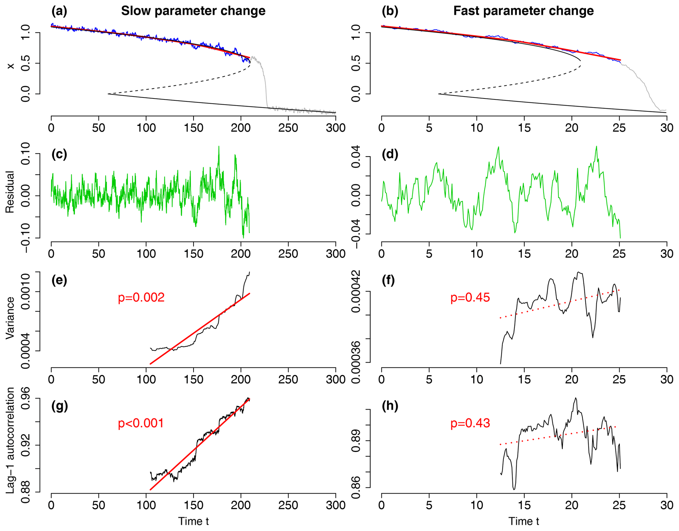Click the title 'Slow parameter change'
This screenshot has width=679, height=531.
click(193, 11)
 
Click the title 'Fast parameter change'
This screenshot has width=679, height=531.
click(523, 11)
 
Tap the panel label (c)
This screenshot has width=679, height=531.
click(59, 154)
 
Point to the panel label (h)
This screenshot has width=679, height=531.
click(390, 406)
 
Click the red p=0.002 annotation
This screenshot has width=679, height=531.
click(141, 297)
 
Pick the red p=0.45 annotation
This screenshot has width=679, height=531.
click(470, 297)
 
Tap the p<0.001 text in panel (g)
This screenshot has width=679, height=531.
click(141, 423)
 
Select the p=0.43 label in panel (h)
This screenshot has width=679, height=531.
click(470, 423)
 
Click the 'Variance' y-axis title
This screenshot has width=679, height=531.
click(11, 318)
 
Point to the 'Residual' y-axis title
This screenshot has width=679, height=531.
click(11, 192)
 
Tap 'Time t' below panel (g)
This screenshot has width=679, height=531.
click(193, 521)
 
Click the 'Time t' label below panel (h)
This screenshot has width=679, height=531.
click(524, 521)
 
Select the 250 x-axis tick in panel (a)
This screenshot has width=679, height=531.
click(288, 128)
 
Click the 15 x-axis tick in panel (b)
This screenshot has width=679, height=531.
click(524, 128)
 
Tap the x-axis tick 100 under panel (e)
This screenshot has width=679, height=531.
click(146, 380)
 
